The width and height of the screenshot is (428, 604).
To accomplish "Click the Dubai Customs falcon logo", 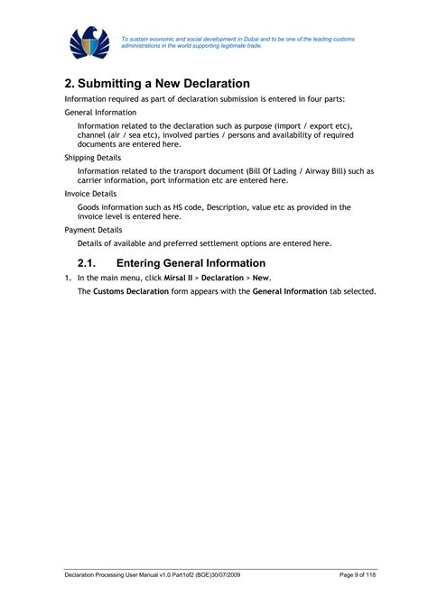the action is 89,43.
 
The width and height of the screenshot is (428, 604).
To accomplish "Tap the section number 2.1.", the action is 87,263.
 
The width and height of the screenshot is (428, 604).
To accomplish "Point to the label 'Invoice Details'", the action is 90,193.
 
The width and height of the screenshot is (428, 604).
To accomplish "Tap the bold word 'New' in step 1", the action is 261,278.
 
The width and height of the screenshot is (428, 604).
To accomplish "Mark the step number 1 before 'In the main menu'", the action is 67,278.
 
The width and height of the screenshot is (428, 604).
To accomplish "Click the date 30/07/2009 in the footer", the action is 221,574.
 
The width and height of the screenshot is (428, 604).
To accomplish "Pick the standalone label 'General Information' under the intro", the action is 100,112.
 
